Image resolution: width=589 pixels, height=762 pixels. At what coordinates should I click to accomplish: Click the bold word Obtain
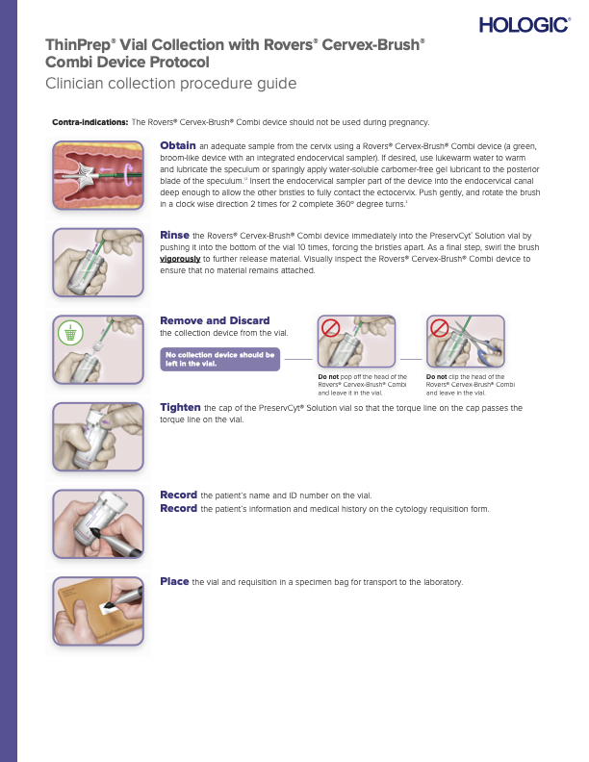coord(177,144)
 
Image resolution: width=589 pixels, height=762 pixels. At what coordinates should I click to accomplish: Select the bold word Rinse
coord(174,234)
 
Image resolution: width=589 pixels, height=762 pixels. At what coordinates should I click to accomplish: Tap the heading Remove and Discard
coord(215,320)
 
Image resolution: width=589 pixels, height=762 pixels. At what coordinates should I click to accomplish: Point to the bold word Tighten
coord(180,407)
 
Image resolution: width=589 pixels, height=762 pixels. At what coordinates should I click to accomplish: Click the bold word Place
coord(174,581)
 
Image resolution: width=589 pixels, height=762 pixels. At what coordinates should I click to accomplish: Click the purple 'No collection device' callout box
coord(220,359)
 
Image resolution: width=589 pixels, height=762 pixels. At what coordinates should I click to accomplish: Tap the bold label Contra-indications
coord(90,122)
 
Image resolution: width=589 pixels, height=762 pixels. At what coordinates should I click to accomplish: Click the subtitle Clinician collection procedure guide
coord(170,84)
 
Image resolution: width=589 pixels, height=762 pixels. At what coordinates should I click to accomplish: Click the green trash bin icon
coord(69,333)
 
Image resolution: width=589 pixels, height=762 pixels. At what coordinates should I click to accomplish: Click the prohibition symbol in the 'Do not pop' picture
coord(331,328)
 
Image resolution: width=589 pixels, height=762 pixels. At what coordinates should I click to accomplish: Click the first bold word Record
coord(178,495)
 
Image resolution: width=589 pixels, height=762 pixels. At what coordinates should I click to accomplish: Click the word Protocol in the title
coord(177,62)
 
